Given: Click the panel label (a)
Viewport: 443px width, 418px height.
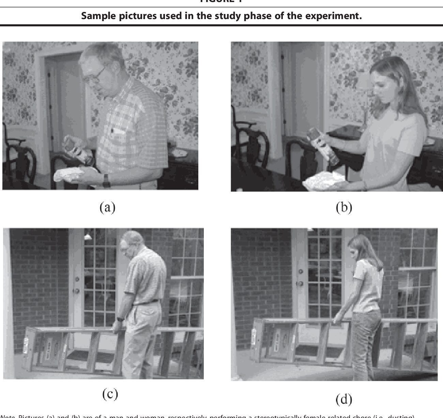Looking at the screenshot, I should tap(107, 207).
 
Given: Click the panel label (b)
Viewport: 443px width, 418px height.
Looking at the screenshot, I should tap(343, 207).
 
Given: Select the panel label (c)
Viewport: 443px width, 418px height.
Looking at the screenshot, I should tap(110, 394).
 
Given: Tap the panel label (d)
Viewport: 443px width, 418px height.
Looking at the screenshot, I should tap(343, 399).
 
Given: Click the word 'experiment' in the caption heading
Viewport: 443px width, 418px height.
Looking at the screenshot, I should tap(331, 16).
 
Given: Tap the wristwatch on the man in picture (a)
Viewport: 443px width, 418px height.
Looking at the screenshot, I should tap(106, 181).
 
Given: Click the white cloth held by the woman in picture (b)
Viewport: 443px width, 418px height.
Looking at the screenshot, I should tap(324, 179).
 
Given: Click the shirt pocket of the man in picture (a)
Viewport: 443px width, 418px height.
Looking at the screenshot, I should tap(118, 135).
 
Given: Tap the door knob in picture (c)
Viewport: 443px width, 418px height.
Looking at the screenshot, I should tap(77, 291).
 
